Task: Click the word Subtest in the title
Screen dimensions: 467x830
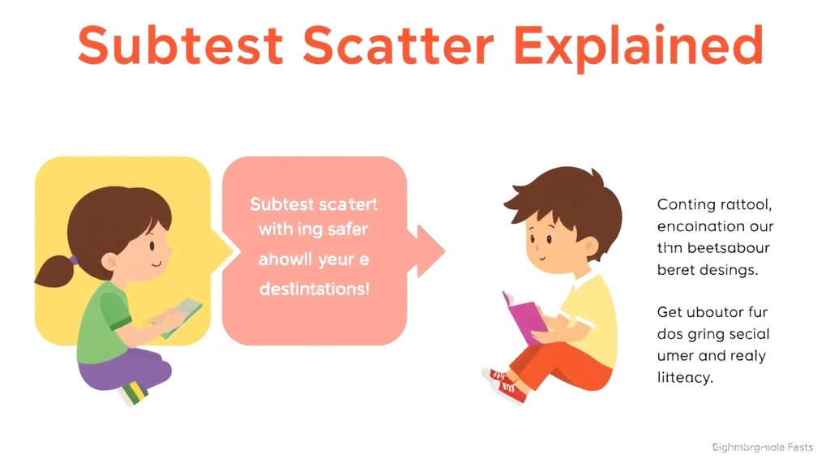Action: (178, 46)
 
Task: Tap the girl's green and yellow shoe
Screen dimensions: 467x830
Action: (134, 393)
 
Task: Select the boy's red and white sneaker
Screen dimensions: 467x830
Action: (507, 386)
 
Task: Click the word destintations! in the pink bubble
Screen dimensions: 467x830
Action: (314, 289)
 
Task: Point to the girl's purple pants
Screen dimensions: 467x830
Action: (122, 369)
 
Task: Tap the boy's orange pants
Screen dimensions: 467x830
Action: (567, 369)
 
